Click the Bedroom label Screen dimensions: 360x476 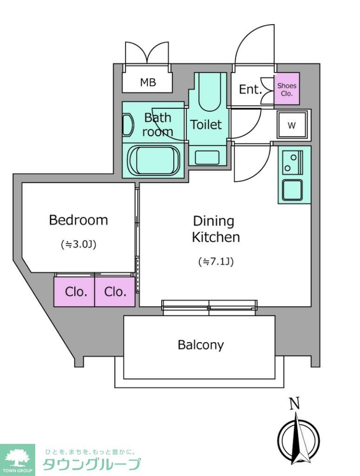pyautogui.click(x=78, y=220)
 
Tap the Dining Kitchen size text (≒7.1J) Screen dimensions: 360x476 pyautogui.click(x=216, y=261)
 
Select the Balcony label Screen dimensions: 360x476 pyautogui.click(x=201, y=345)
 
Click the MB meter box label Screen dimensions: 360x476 pyautogui.click(x=148, y=82)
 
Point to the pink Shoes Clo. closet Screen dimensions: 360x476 pyautogui.click(x=287, y=89)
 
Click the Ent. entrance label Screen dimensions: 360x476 pyautogui.click(x=250, y=89)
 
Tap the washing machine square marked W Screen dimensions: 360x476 pyautogui.click(x=292, y=125)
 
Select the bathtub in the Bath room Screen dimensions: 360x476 pyautogui.click(x=154, y=160)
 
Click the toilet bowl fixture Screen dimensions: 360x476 pyautogui.click(x=209, y=92)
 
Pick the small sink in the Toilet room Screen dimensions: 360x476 pyautogui.click(x=207, y=158)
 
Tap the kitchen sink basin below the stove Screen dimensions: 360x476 pyautogui.click(x=292, y=190)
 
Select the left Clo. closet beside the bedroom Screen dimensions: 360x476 pyautogui.click(x=74, y=292)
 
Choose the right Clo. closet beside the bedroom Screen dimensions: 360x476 pyautogui.click(x=115, y=292)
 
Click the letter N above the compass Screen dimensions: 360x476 pyautogui.click(x=295, y=403)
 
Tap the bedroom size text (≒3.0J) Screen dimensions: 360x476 pyautogui.click(x=79, y=244)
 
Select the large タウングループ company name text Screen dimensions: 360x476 pyautogui.click(x=92, y=464)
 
